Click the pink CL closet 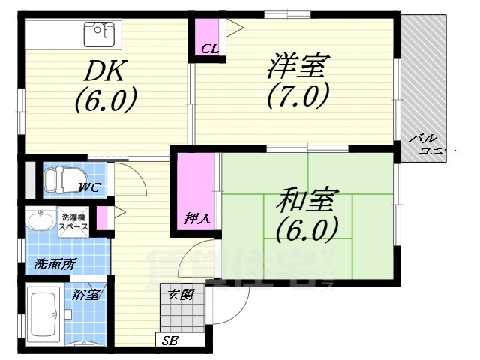pyautogui.click(x=209, y=37)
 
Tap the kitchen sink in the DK pyautogui.click(x=98, y=32)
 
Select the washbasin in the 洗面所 pyautogui.click(x=38, y=220)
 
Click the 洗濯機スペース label pyautogui.click(x=74, y=222)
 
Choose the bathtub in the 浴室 pyautogui.click(x=42, y=312)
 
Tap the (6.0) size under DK pyautogui.click(x=105, y=99)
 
